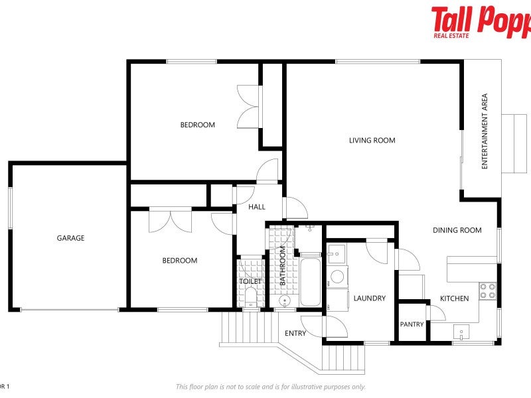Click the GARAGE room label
coord(70,238)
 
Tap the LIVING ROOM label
coord(372,140)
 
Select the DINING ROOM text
coord(457,230)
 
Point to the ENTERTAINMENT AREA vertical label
coord(485,131)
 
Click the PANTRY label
coord(412,324)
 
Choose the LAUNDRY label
coord(369,298)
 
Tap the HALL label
coord(257,207)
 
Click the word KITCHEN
coord(454,298)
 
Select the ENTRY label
coord(295,333)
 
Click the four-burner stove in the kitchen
coord(488,290)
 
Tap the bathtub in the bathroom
coord(310,283)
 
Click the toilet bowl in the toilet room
coord(250,300)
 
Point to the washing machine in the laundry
coord(337,277)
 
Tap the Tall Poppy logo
coord(481,21)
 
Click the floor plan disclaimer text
coord(270,387)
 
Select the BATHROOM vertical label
coord(282,266)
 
